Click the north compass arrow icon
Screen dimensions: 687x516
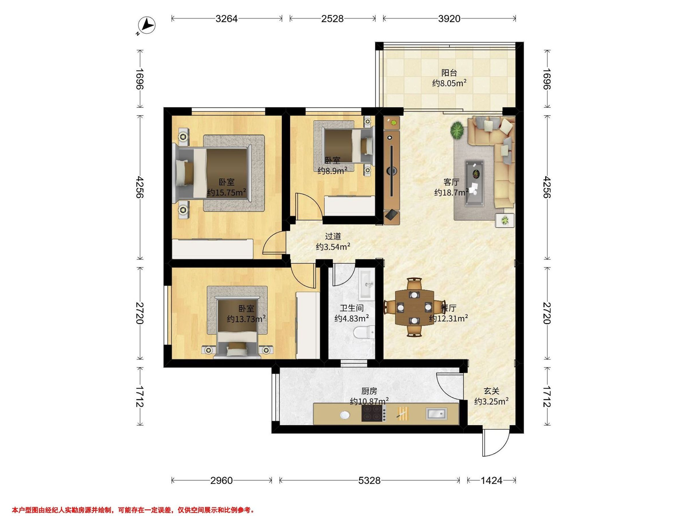pyautogui.click(x=147, y=25)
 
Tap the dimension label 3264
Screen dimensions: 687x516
pyautogui.click(x=226, y=19)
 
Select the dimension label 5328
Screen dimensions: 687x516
pyautogui.click(x=369, y=480)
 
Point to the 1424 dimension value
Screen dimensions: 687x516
pyautogui.click(x=491, y=480)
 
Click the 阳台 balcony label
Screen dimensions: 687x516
pyautogui.click(x=449, y=73)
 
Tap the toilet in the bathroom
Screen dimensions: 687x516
pyautogui.click(x=364, y=332)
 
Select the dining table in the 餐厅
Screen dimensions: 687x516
pyautogui.click(x=414, y=307)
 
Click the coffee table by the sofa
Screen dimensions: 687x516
pyautogui.click(x=474, y=183)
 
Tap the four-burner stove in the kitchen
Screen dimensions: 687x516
pyautogui.click(x=374, y=413)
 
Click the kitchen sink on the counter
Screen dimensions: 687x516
pyautogui.click(x=436, y=413)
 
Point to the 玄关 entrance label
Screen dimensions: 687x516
pyautogui.click(x=491, y=391)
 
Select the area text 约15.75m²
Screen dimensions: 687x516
pyautogui.click(x=227, y=193)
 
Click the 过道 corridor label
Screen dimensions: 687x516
pyautogui.click(x=333, y=236)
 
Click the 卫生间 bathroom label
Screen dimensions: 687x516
pyautogui.click(x=352, y=308)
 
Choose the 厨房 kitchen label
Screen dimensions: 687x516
pyautogui.click(x=369, y=391)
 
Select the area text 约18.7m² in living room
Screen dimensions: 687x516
pyautogui.click(x=451, y=193)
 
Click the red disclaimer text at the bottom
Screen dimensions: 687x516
pyautogui.click(x=133, y=501)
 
